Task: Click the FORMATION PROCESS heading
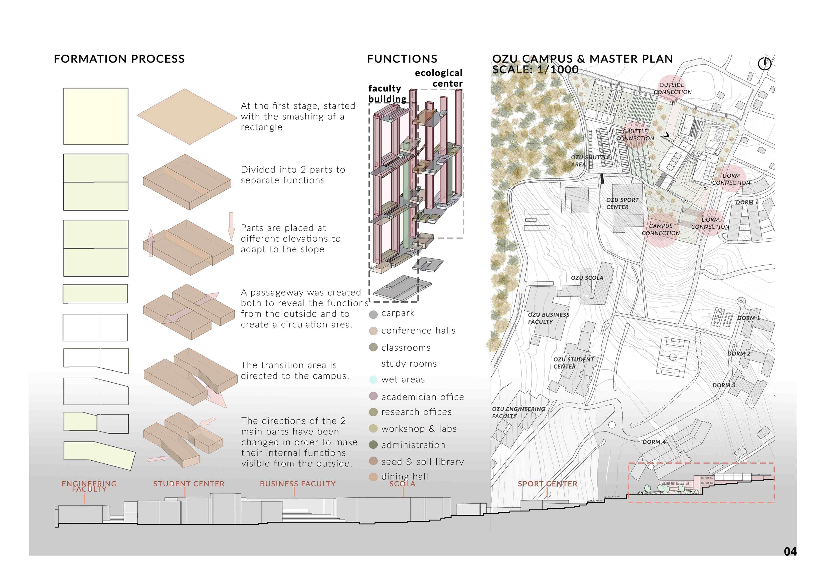[x=119, y=59]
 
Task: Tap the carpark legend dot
[x=373, y=314]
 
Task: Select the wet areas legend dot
[x=373, y=380]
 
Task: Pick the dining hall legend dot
[x=373, y=477]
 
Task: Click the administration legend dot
[x=373, y=445]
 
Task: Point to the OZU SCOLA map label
[x=587, y=278]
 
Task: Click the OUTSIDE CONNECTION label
[x=672, y=88]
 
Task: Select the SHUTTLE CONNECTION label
[x=635, y=135]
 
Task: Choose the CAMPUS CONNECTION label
[x=661, y=229]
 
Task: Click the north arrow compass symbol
[x=764, y=63]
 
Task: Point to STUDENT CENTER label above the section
[x=189, y=484]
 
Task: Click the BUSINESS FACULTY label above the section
[x=298, y=484]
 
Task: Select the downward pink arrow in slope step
[x=231, y=226]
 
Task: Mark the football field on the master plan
[x=672, y=357]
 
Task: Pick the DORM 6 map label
[x=747, y=203]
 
